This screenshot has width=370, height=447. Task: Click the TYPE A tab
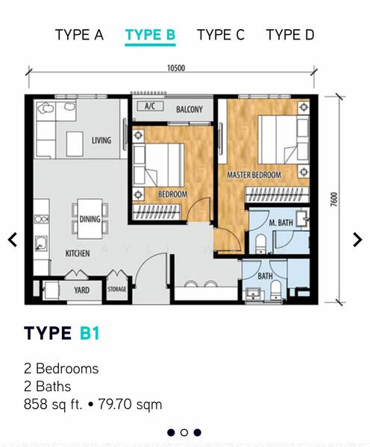pos(79,35)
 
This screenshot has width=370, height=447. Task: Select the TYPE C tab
pos(221,35)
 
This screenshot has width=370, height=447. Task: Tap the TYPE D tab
pos(290,35)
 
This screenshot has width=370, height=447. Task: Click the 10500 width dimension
pos(176,68)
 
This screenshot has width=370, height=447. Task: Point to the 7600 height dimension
pos(333,199)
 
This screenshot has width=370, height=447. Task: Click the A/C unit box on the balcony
pos(150,107)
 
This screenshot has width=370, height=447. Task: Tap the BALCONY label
pos(189,110)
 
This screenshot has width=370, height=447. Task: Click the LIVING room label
pos(101,140)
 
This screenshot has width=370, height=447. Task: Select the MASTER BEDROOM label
pos(254,175)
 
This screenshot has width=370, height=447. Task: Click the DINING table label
pos(90,219)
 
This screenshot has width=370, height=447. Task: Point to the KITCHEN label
pos(78,253)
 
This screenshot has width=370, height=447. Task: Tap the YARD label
pos(81,291)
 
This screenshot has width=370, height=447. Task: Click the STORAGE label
pos(117,289)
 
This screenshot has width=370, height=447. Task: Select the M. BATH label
pos(281,223)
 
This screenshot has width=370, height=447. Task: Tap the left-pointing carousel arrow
pos(13,239)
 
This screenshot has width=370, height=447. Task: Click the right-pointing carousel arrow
pos(357,239)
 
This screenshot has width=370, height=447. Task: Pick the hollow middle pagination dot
pos(184,432)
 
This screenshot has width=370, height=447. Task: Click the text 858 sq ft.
pos(53,405)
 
